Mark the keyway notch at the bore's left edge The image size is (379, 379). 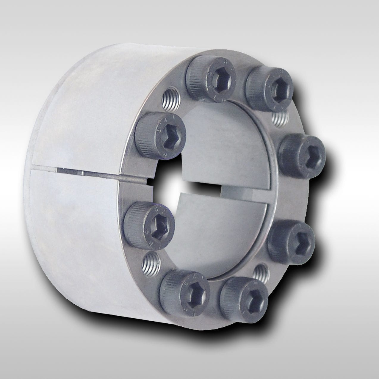(x=149, y=182)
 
